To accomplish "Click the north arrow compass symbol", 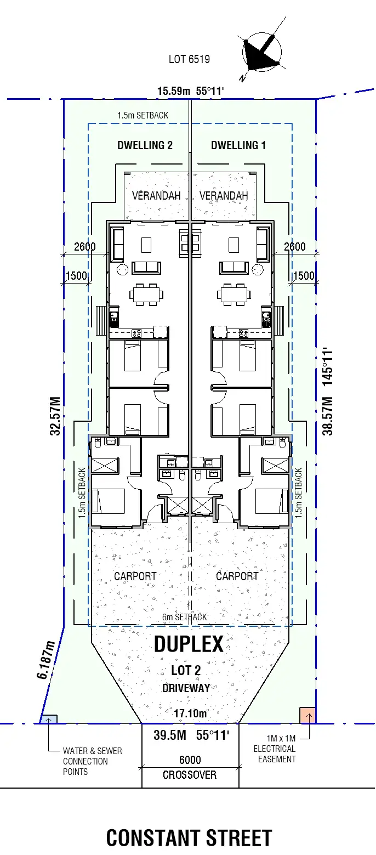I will click(262, 52).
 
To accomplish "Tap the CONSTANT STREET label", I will click(189, 838).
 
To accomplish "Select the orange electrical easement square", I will click(307, 715).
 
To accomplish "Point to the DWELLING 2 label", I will click(145, 145).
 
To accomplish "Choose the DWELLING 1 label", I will click(238, 145).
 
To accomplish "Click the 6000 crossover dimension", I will click(190, 760).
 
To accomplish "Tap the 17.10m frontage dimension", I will click(190, 714).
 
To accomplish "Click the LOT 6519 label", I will click(189, 59).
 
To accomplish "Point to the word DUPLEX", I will click(189, 644).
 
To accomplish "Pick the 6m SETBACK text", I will click(185, 617).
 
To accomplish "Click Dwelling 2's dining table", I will click(146, 294).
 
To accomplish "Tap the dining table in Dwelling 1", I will click(234, 294).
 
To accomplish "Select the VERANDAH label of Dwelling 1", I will click(224, 196).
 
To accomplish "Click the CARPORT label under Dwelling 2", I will click(135, 576).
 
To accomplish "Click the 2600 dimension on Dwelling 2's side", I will click(84, 247).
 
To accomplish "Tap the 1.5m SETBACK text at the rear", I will click(143, 116).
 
